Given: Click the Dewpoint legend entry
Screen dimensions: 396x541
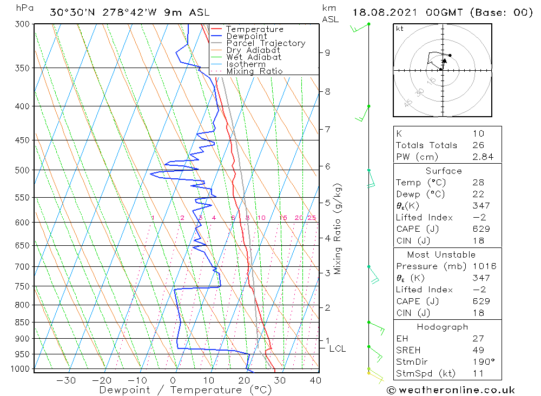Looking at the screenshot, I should coord(247,36).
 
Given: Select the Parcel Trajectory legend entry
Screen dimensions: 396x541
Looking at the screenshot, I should coord(266,43).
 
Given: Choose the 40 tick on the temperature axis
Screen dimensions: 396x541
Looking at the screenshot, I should coord(315,380).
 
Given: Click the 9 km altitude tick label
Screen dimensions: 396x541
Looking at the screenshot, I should coord(327,52).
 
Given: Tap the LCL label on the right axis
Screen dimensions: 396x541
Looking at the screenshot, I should coord(337,349).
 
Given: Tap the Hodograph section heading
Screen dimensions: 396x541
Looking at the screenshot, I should coord(443,327).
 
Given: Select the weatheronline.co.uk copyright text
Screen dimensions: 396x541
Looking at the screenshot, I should coord(451,390).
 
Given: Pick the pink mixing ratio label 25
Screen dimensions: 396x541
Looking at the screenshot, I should coord(312,218).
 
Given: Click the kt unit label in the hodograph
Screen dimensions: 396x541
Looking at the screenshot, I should coord(400,29).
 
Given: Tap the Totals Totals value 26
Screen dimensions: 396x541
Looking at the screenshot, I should coord(478,145).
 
